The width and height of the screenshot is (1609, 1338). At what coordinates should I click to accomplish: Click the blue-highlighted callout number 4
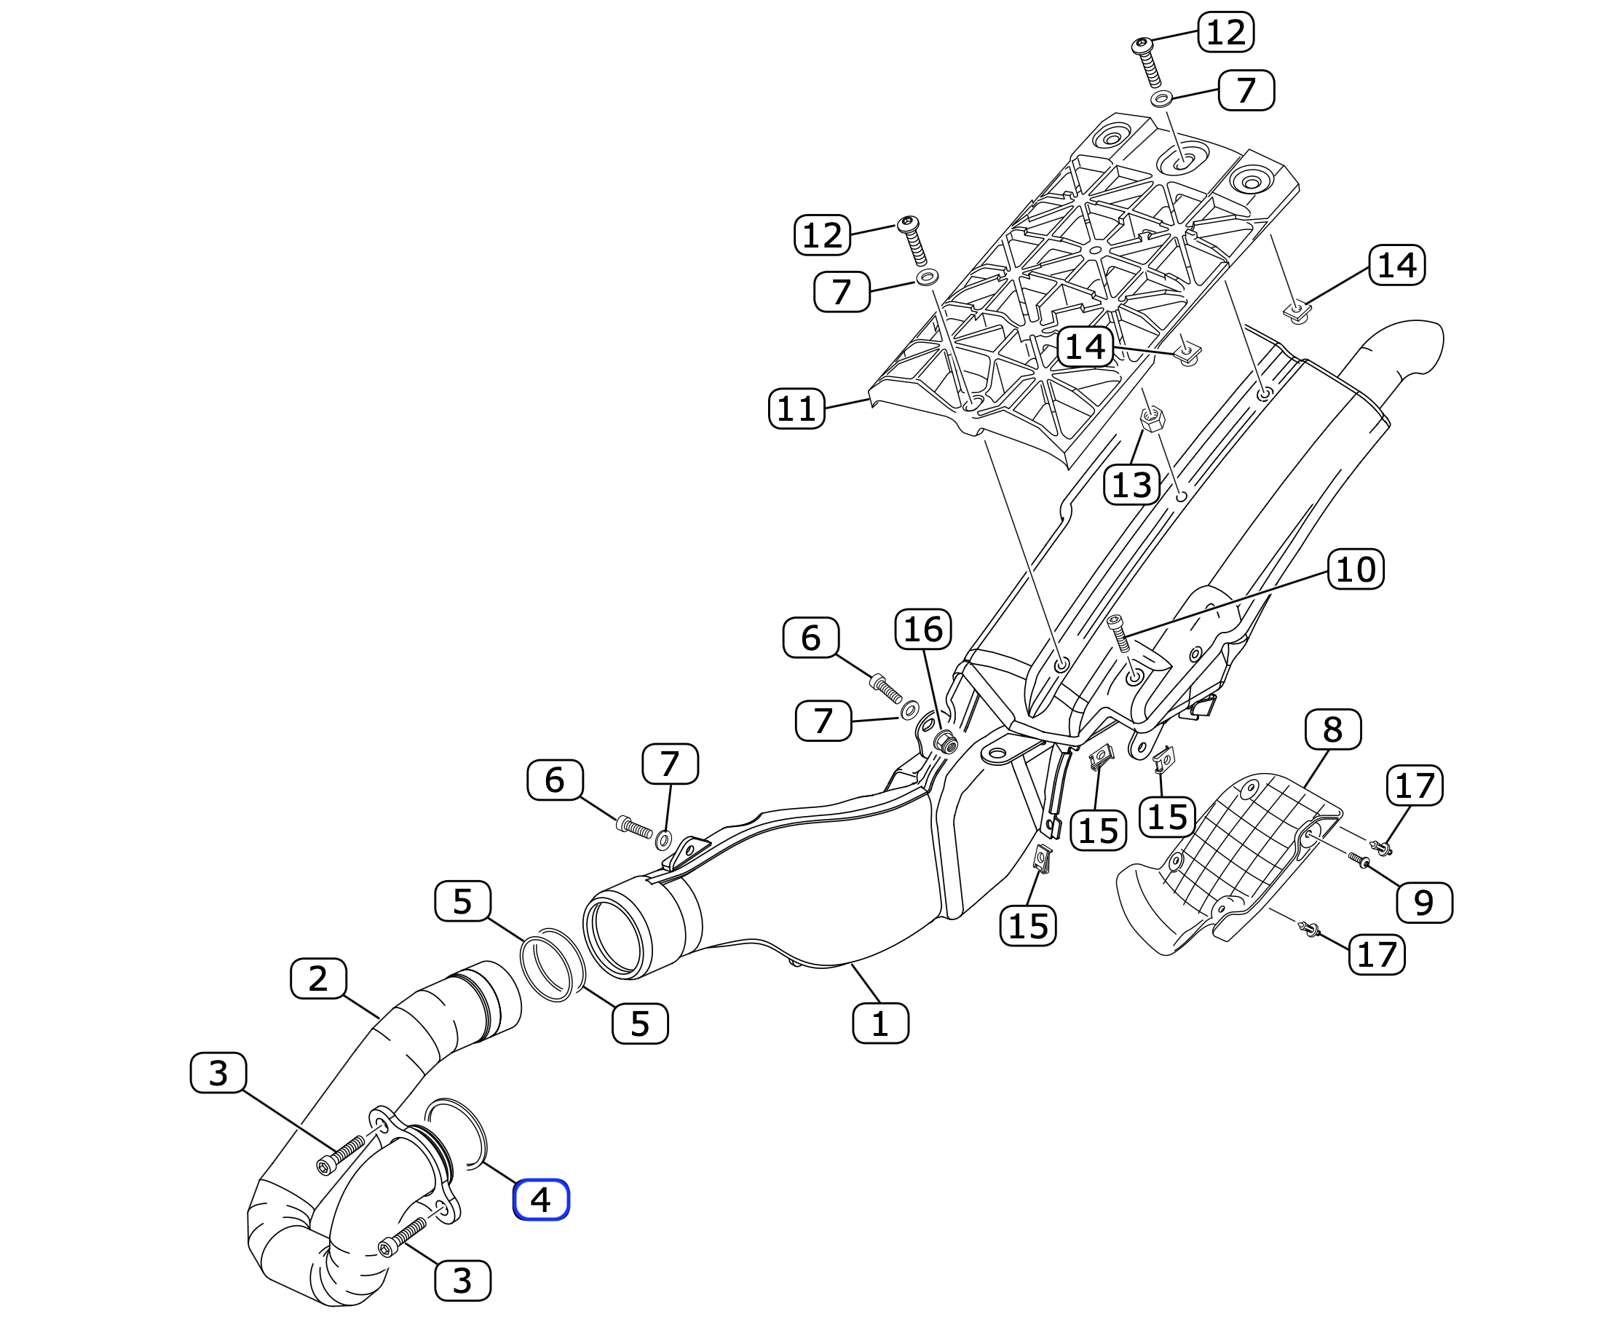click(x=541, y=1200)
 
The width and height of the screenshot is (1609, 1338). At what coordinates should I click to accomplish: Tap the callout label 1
click(x=880, y=1024)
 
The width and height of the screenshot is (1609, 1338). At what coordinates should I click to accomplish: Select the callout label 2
click(x=318, y=979)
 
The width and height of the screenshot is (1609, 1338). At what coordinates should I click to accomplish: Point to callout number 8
click(x=1333, y=729)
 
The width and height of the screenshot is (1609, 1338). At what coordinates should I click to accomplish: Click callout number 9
click(x=1424, y=903)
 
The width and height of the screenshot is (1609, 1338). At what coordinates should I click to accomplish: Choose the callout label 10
click(x=1356, y=569)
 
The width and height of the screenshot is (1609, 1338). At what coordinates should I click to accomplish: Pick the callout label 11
click(x=796, y=408)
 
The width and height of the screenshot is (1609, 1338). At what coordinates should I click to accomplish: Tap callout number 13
click(x=1131, y=484)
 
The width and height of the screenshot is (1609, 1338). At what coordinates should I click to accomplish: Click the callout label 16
click(x=923, y=629)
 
